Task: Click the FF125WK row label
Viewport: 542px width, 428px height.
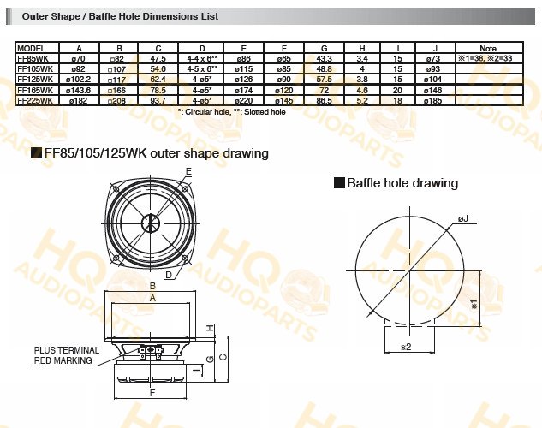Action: point(35,80)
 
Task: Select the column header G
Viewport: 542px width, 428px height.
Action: point(324,48)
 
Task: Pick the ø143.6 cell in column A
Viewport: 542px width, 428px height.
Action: point(79,90)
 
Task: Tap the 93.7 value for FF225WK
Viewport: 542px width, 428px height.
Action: point(158,100)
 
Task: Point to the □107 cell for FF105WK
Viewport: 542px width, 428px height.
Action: point(118,69)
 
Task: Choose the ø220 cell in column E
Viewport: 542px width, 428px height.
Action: point(244,100)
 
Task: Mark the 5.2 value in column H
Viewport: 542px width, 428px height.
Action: point(362,100)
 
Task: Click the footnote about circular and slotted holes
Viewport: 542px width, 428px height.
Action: point(231,112)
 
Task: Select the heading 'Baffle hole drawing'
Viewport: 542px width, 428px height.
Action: point(402,182)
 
